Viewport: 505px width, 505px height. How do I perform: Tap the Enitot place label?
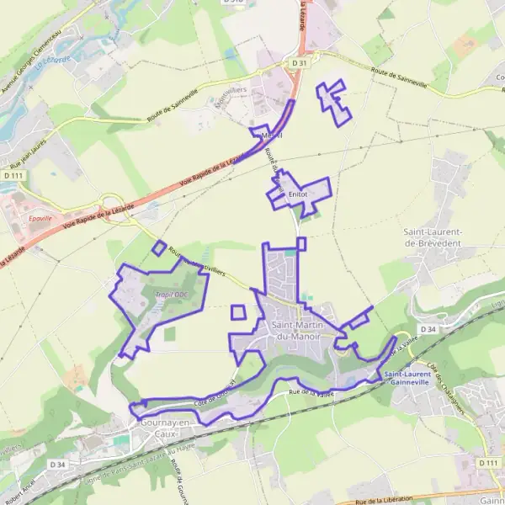click(x=298, y=194)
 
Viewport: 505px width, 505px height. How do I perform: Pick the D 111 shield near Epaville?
click(x=10, y=175)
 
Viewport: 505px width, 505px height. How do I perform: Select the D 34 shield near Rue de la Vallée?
click(x=428, y=329)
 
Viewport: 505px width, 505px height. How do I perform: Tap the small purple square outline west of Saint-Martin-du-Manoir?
click(x=238, y=312)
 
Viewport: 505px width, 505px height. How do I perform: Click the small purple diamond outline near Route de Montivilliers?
click(x=159, y=247)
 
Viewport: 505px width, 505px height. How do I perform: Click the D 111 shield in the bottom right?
click(x=487, y=464)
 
